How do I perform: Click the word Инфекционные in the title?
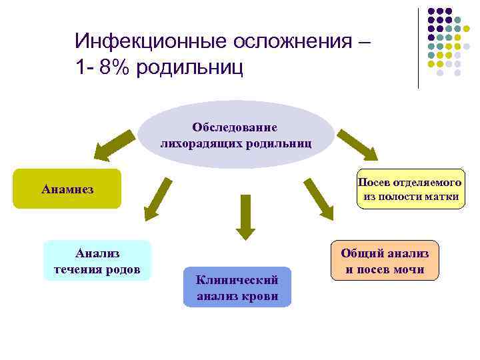tap(151, 42)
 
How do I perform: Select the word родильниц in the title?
tap(189, 67)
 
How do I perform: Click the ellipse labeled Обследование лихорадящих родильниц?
tap(236, 134)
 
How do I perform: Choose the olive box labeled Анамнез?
tap(67, 189)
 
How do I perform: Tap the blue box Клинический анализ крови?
tap(237, 287)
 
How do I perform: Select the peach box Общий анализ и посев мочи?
tap(385, 261)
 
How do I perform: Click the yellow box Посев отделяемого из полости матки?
tap(409, 189)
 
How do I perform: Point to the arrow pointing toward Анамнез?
tap(111, 145)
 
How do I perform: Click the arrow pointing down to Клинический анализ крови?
tap(245, 217)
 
